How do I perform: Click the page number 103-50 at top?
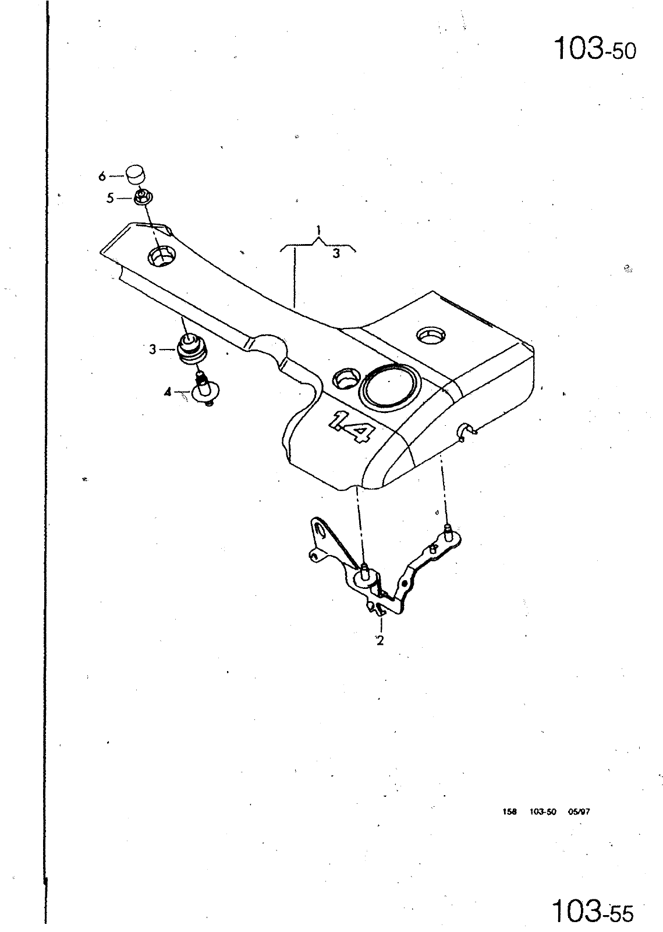pos(595,50)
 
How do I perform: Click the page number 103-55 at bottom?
pos(594,910)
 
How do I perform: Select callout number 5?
pos(110,199)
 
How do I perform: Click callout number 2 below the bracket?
pos(380,640)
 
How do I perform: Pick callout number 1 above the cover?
pos(318,230)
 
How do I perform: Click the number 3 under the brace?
pos(336,253)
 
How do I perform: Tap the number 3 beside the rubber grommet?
pos(153,349)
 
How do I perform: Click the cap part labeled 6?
pos(136,174)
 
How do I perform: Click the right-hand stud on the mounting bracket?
pos(448,531)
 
